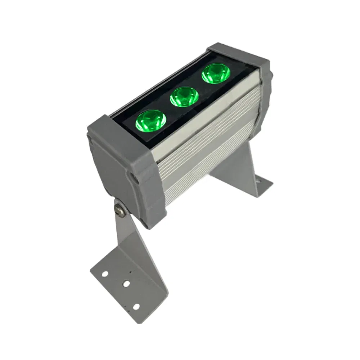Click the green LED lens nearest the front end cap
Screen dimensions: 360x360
click(x=150, y=120)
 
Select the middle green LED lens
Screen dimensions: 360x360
click(x=184, y=96)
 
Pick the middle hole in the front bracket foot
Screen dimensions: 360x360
click(x=126, y=284)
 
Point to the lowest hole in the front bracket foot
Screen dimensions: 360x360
click(x=136, y=306)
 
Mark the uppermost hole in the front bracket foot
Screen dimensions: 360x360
click(x=104, y=274)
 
